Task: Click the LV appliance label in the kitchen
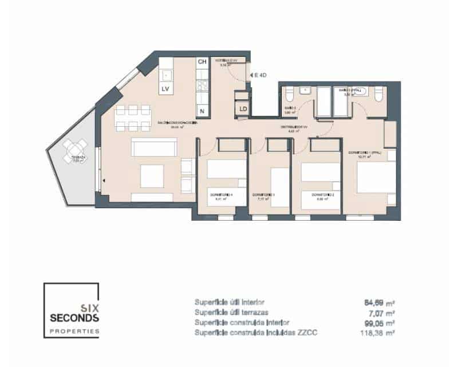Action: tap(165, 88)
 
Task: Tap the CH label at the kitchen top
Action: tap(202, 62)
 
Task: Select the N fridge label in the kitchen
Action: tap(202, 110)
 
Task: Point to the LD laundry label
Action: tap(243, 108)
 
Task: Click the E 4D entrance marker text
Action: tap(260, 75)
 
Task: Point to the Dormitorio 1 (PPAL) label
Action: tap(365, 152)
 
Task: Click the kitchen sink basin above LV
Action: tap(166, 75)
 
